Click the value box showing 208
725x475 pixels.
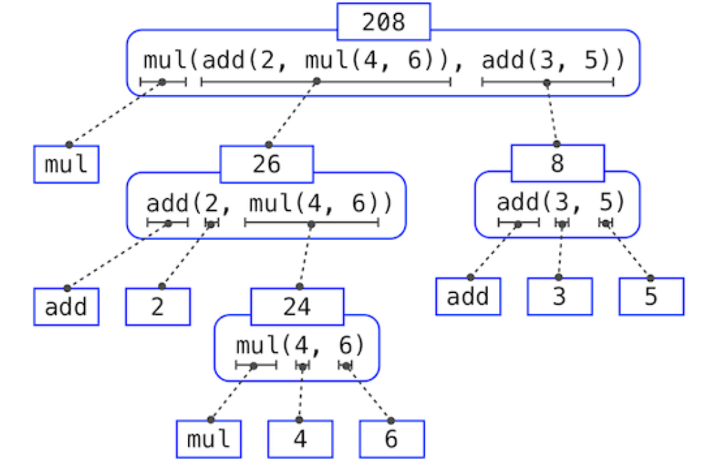click(x=383, y=22)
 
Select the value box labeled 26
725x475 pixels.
click(x=266, y=164)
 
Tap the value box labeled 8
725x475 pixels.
click(x=557, y=163)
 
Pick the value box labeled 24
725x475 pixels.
click(x=297, y=307)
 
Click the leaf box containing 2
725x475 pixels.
click(x=158, y=307)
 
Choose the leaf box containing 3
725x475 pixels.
click(x=559, y=296)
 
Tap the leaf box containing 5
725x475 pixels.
click(x=651, y=296)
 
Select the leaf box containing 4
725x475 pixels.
click(x=300, y=439)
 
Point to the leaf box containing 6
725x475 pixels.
click(x=391, y=439)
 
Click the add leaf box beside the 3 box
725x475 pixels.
click(x=468, y=296)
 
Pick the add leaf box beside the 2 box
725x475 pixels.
click(x=66, y=307)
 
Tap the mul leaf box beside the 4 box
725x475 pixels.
click(x=209, y=439)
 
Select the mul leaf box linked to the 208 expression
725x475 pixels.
click(x=66, y=164)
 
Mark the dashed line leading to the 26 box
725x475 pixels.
click(x=292, y=113)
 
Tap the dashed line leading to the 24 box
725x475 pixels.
click(x=305, y=255)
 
